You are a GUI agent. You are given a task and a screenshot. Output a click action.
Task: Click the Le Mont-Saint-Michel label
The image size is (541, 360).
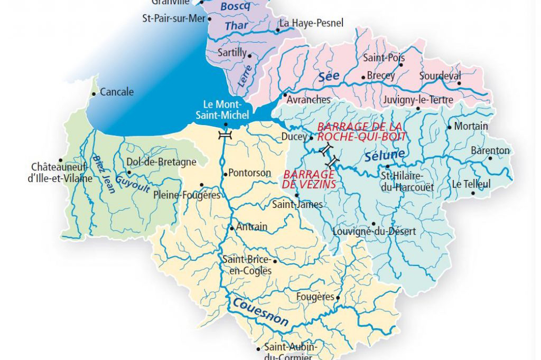pos(222,109)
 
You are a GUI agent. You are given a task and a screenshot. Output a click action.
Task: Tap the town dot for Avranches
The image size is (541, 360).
pos(285,96)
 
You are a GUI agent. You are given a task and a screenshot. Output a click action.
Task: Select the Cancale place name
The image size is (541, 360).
pos(117,92)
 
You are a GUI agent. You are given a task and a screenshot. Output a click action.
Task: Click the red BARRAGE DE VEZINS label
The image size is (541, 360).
pos(309,179)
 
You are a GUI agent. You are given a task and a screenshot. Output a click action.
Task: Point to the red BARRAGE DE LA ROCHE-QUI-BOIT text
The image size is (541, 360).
pos(361,131)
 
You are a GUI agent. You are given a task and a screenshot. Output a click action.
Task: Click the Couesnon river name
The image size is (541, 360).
pos(259,311)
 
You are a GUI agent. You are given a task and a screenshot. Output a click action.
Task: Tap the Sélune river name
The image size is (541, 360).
pos(385,155)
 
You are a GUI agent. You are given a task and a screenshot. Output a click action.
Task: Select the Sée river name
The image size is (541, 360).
pos(329,77)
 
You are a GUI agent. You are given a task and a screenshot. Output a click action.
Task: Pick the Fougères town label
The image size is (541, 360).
pos(315,297)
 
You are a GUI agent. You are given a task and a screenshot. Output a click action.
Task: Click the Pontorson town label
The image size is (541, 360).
pos(250,173)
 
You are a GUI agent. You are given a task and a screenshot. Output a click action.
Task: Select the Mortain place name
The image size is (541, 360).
pos(471,127)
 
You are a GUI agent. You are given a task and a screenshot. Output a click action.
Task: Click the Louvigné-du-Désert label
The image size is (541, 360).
pos(375,231)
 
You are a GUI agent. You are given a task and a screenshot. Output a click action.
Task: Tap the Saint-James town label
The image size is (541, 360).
pos(297,204)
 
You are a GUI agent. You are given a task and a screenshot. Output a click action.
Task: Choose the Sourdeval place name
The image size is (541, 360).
pos(440,75)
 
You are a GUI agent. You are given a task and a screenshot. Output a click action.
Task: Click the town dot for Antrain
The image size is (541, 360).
pos(231,228)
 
